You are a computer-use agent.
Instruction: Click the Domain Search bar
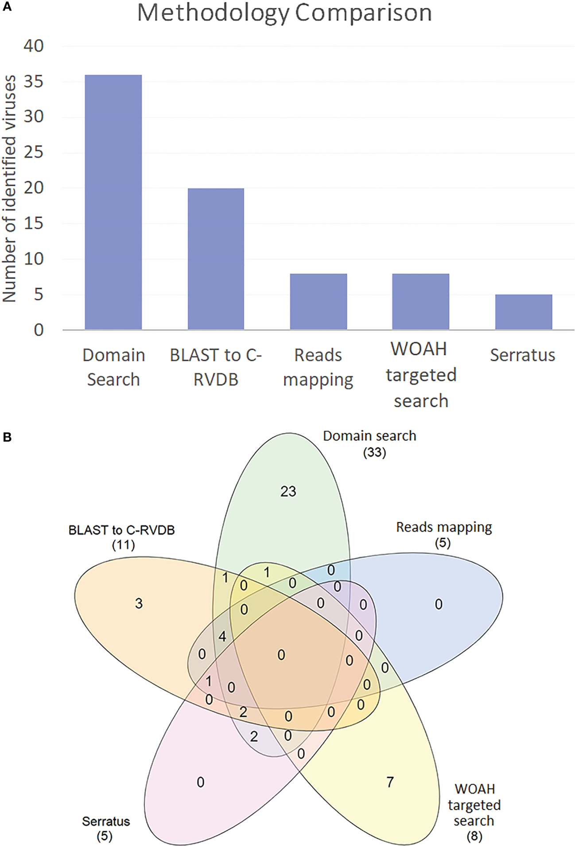point(113,202)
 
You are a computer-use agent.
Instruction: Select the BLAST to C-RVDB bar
point(216,259)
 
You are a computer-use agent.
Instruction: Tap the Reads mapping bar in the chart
point(318,302)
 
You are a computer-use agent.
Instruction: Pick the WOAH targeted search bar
point(420,302)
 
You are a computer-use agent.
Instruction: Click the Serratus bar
point(523,312)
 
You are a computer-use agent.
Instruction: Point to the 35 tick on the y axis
point(34,82)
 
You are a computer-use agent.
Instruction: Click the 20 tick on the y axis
point(34,188)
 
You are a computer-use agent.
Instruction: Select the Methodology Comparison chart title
point(284,13)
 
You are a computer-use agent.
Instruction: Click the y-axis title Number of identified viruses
point(10,189)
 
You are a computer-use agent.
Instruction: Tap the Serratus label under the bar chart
point(522,355)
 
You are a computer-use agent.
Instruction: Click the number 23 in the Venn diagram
point(288,491)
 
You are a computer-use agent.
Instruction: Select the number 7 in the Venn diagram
point(390,782)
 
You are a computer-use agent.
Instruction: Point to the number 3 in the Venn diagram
point(139,603)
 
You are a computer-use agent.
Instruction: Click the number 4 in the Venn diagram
point(222,637)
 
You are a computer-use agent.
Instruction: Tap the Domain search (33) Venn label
point(369,443)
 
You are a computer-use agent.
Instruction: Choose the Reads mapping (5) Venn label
point(443,534)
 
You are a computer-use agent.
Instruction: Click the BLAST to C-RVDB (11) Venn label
point(122,537)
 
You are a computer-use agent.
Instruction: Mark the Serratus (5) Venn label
point(105,828)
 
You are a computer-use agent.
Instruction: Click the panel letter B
point(7,437)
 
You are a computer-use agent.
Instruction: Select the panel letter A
point(7,7)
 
